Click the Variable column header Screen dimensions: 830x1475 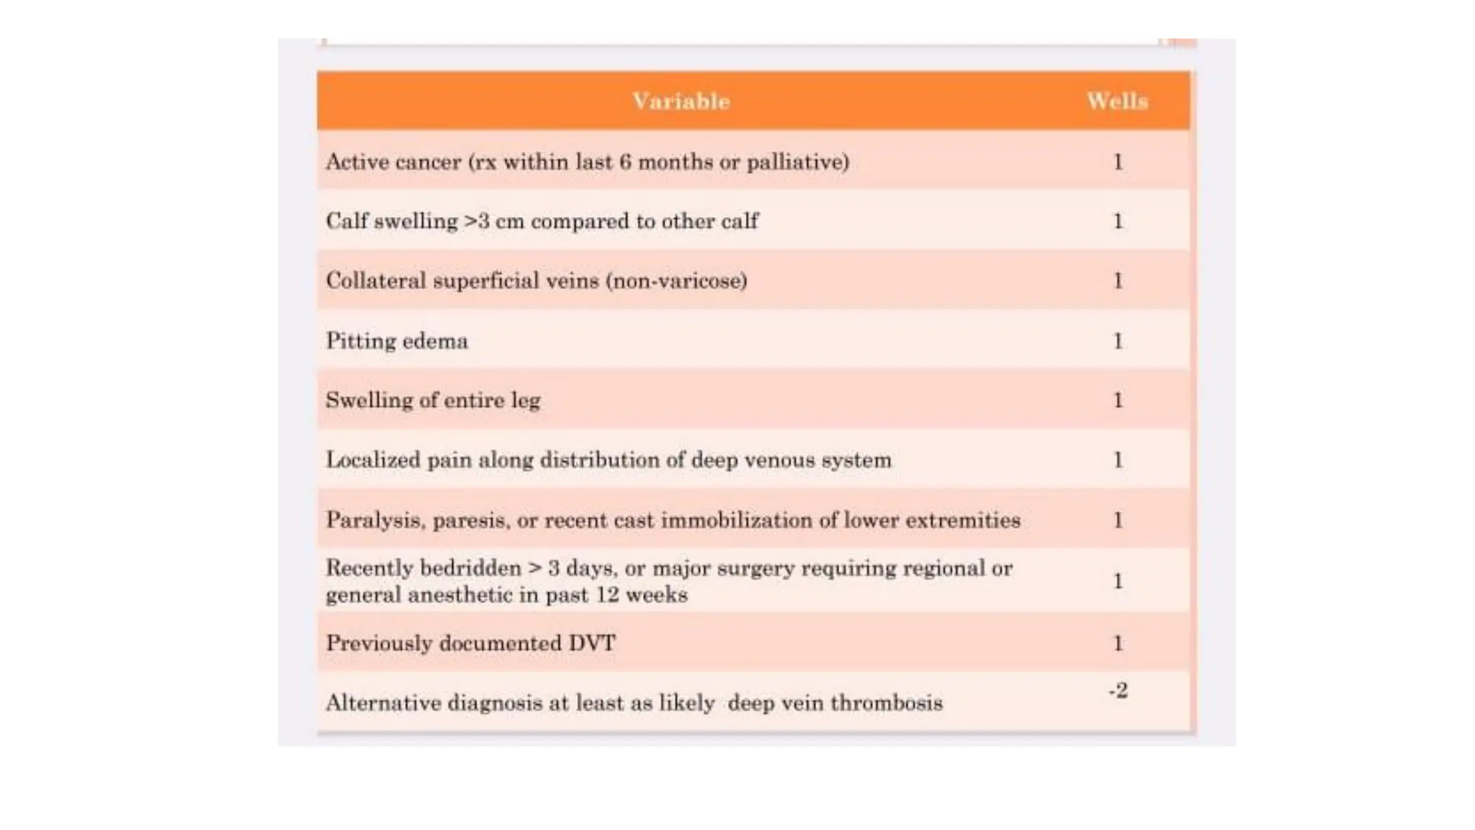click(681, 101)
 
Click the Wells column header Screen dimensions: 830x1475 click(1117, 101)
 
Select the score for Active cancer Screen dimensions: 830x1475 click(1118, 162)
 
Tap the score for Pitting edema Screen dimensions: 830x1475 click(1118, 341)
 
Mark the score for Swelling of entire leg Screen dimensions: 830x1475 click(1118, 401)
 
